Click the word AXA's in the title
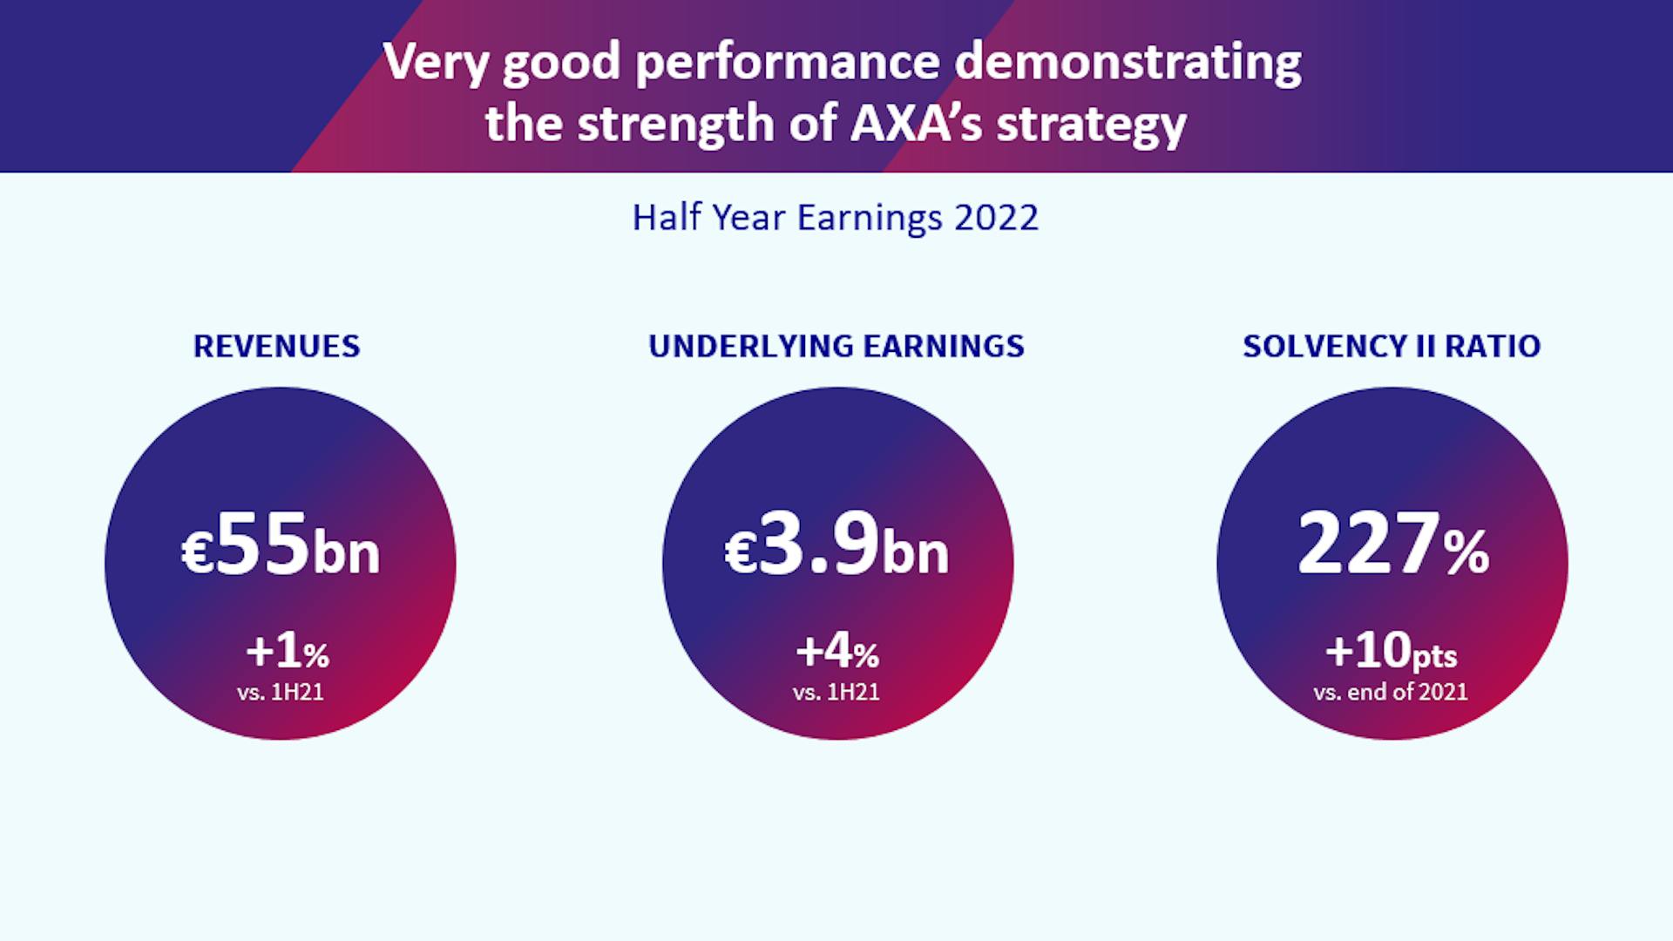click(x=915, y=123)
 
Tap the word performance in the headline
click(x=788, y=63)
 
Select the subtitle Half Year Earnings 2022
click(x=835, y=218)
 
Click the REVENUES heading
click(x=276, y=346)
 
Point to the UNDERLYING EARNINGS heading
click(x=836, y=346)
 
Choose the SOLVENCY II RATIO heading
click(x=1392, y=346)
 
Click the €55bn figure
click(x=281, y=545)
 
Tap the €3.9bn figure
click(x=836, y=545)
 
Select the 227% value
click(x=1392, y=545)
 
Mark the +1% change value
click(x=288, y=651)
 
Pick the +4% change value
click(x=837, y=651)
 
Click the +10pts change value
click(x=1391, y=651)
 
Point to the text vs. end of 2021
click(x=1391, y=692)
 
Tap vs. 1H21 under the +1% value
click(x=281, y=692)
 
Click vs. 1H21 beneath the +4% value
click(x=836, y=692)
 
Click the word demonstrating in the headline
click(x=1128, y=63)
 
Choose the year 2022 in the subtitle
click(x=996, y=218)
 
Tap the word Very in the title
click(x=436, y=63)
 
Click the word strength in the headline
click(x=676, y=125)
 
